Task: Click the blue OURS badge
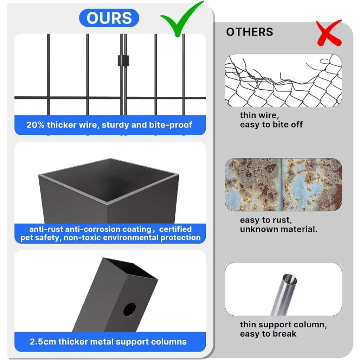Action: click(109, 18)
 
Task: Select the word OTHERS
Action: click(250, 32)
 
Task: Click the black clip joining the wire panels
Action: click(123, 60)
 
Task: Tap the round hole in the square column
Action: click(129, 309)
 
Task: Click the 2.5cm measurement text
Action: click(43, 342)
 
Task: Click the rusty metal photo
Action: click(283, 185)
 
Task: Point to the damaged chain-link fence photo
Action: click(283, 81)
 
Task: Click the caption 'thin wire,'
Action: click(259, 115)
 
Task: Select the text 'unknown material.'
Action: click(279, 229)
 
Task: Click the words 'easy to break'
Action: click(268, 334)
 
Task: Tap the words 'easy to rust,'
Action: click(266, 220)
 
